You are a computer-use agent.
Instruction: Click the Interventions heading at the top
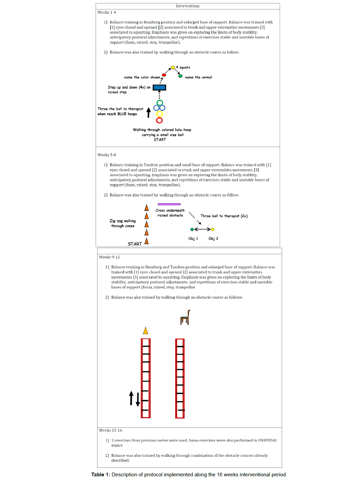point(188,6)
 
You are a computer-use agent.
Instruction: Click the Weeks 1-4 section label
point(107,12)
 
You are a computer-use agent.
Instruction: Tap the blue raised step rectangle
point(159,88)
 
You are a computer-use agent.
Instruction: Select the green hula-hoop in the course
point(160,102)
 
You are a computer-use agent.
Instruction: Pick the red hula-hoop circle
point(160,120)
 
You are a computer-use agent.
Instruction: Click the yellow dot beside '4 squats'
point(173,67)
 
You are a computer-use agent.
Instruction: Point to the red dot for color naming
point(164,75)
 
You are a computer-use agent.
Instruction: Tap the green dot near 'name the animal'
point(181,76)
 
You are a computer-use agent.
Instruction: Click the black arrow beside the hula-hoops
point(148,113)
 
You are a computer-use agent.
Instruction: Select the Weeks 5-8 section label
point(107,155)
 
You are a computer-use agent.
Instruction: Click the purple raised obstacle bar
point(169,204)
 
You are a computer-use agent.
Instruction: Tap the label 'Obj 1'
point(193,239)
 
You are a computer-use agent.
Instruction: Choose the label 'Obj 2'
point(213,239)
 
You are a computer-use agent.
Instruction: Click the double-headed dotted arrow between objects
point(202,230)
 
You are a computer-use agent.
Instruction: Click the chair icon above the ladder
point(185,317)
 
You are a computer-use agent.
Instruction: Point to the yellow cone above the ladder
point(145,330)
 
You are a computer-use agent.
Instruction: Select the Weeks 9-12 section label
point(109,257)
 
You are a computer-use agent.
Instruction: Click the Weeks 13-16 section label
point(110,430)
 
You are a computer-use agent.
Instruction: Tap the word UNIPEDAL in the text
point(268,441)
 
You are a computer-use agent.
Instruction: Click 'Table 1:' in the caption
point(101,475)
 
